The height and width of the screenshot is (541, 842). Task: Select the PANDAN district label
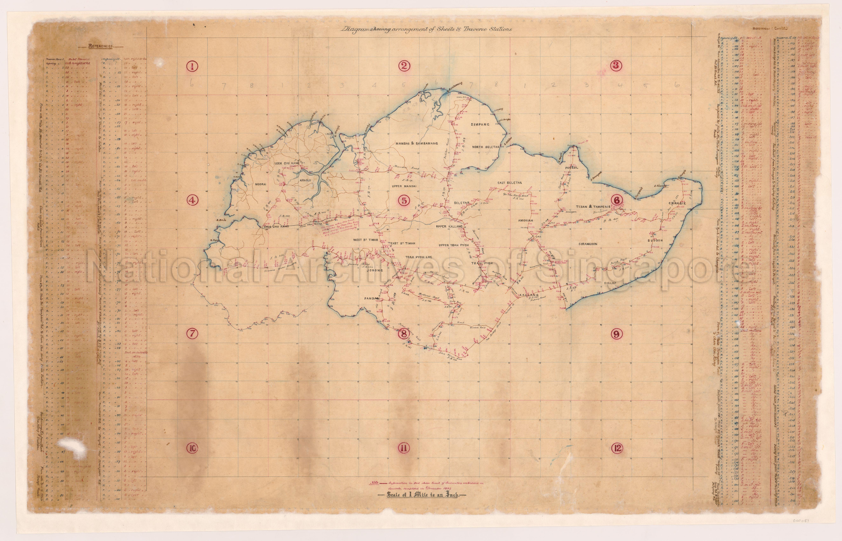tap(372, 299)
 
